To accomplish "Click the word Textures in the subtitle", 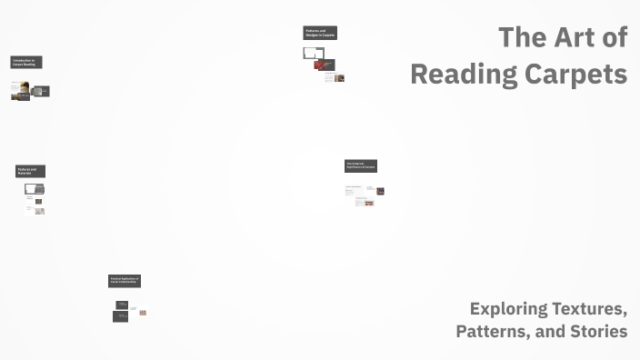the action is (592, 309).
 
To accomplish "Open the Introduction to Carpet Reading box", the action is (26, 63).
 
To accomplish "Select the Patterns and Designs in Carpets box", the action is (320, 34).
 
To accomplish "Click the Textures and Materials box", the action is (30, 171).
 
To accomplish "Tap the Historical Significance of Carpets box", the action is (361, 166).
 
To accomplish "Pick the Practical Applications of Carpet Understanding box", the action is (125, 281).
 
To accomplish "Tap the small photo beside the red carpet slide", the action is (339, 78).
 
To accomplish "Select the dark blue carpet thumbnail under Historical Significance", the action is (380, 191).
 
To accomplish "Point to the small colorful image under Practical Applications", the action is (143, 313).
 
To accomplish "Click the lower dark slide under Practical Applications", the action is (121, 316).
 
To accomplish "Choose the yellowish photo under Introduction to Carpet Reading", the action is (20, 90).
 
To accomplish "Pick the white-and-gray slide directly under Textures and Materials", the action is (35, 189).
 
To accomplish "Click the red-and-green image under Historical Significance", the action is (368, 203).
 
